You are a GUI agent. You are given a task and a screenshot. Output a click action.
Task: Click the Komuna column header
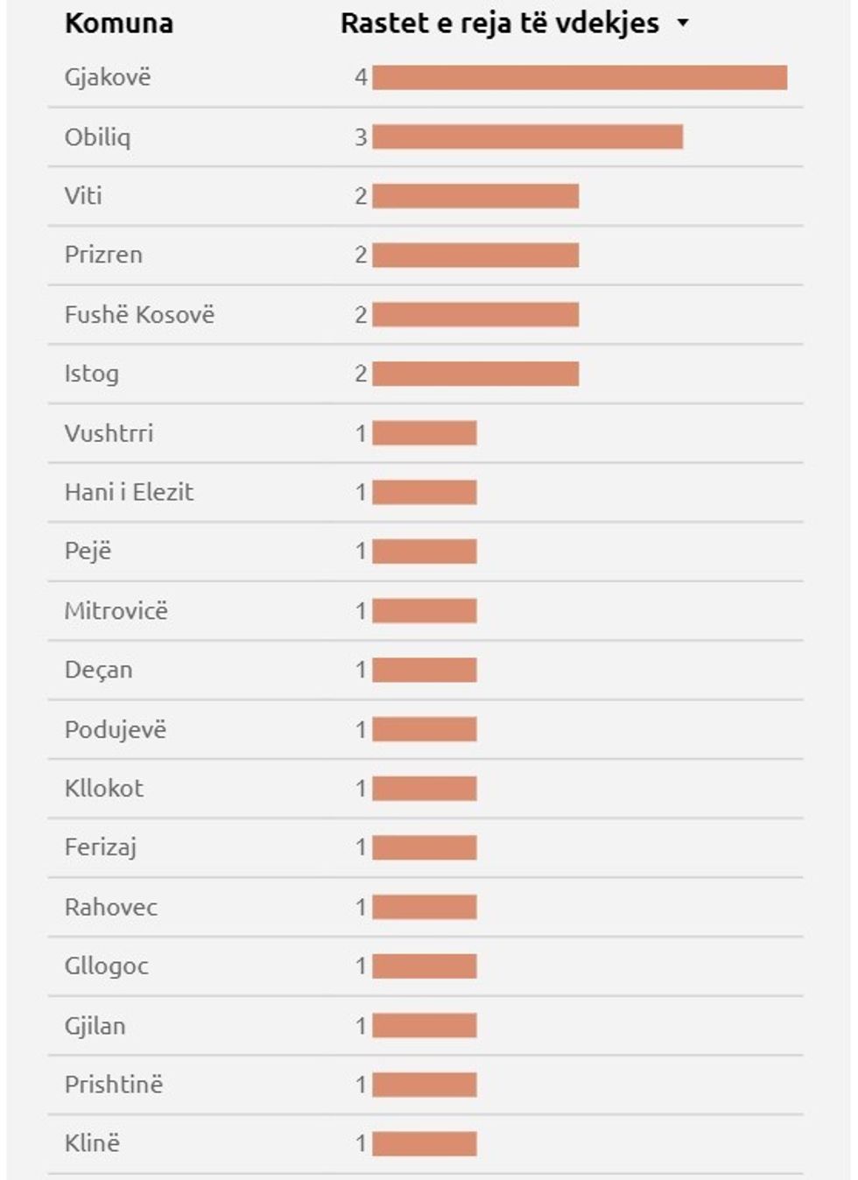click(x=119, y=24)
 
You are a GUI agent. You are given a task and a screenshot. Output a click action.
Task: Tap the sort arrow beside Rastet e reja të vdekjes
click(x=683, y=24)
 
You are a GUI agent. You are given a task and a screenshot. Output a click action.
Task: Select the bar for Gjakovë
click(x=580, y=78)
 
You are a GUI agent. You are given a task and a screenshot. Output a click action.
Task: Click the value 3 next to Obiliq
click(x=361, y=137)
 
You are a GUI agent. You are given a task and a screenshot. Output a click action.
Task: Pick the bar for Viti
click(x=475, y=196)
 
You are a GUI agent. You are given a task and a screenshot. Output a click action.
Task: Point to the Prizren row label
click(x=103, y=255)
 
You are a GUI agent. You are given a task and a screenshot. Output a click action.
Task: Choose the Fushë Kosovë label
click(x=139, y=314)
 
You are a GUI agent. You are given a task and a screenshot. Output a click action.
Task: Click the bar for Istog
click(x=475, y=374)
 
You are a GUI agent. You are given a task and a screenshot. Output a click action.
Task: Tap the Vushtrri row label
click(x=109, y=432)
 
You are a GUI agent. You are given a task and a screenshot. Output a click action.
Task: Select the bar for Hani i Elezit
click(x=425, y=492)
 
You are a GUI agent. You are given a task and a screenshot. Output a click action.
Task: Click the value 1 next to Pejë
click(x=361, y=551)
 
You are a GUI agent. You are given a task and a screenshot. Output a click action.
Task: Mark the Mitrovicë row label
click(x=116, y=610)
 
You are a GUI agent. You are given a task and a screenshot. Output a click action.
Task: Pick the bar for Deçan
click(x=425, y=670)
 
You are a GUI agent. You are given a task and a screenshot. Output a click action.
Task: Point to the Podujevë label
click(x=115, y=729)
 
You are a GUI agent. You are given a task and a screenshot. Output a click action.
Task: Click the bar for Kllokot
click(x=425, y=789)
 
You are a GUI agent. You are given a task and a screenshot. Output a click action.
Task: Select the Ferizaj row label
click(x=101, y=847)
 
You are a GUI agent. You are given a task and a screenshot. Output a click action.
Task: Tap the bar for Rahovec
click(x=425, y=907)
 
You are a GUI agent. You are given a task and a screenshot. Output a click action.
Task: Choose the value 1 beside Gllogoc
click(x=361, y=966)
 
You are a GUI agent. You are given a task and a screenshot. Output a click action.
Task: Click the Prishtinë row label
click(x=114, y=1085)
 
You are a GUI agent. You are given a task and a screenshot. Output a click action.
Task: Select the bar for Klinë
click(x=425, y=1143)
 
